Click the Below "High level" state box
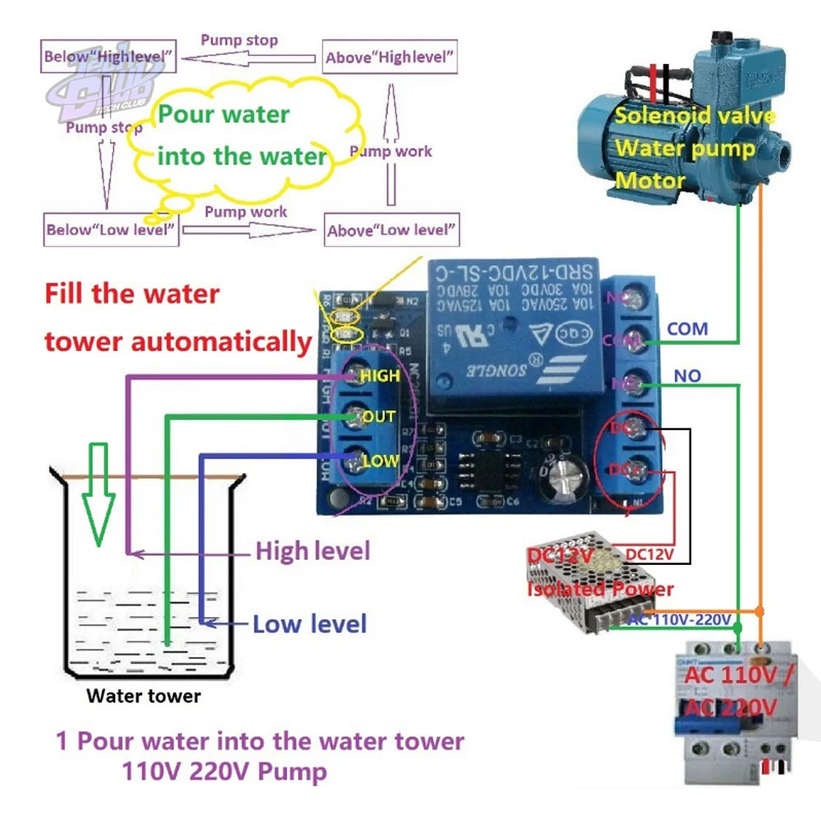coord(108,57)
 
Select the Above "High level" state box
coord(389,57)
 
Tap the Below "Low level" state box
coord(111,229)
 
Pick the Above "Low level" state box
coord(391,230)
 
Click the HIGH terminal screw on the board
coord(351,376)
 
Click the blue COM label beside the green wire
coord(687,328)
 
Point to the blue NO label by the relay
coord(687,375)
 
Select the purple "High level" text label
coord(313,550)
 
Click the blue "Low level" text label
coord(309,624)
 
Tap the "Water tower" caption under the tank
coord(144,697)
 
